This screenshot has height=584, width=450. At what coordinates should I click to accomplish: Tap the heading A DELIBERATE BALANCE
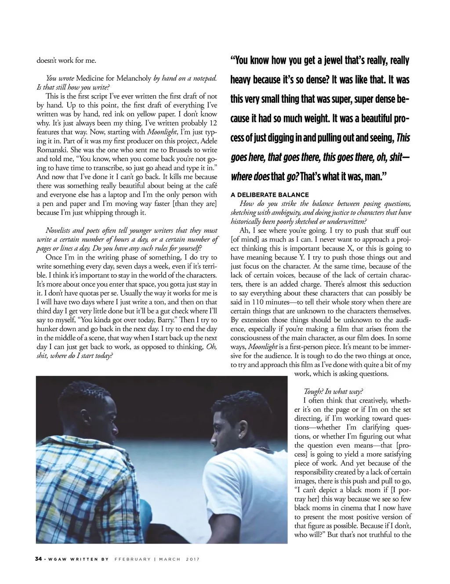270,195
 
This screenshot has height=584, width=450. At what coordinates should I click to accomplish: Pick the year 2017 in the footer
193,559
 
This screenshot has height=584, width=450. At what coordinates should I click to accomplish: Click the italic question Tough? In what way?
334,392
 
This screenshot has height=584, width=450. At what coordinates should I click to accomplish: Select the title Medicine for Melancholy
114,78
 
